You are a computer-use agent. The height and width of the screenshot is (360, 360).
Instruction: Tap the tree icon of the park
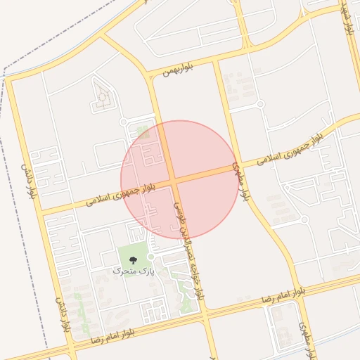coord(134,260)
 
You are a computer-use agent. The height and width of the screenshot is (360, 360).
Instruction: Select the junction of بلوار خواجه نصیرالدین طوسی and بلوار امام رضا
coord(204,313)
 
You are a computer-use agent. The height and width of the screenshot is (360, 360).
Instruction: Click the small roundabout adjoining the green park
coord(150,257)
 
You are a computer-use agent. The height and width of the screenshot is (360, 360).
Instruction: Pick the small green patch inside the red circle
coord(143,131)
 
